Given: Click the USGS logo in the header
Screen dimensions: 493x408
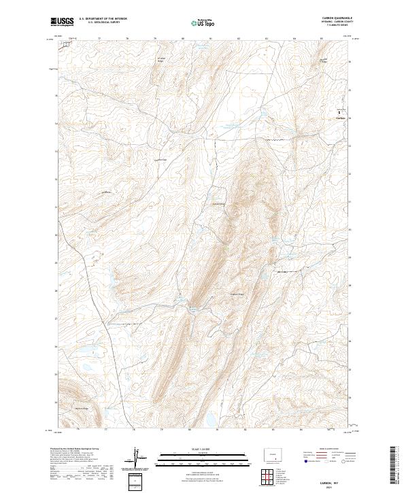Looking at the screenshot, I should point(63,22).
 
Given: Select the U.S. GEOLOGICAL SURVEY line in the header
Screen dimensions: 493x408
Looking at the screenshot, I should point(99,24).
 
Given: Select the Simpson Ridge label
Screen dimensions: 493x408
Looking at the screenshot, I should point(236,294).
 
